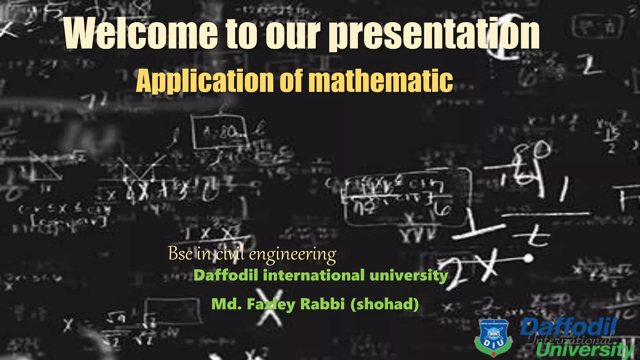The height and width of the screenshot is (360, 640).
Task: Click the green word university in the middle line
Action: [x=409, y=276]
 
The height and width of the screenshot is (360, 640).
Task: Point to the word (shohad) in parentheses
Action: [x=385, y=304]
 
